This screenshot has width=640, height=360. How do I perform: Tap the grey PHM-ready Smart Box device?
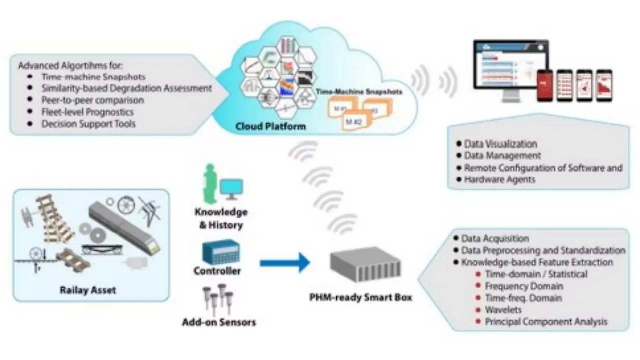click(x=365, y=264)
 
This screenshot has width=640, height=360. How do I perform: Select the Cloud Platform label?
click(x=270, y=126)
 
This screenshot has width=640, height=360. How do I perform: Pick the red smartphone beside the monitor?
click(x=545, y=85)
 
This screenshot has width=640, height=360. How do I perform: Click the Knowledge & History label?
click(x=221, y=218)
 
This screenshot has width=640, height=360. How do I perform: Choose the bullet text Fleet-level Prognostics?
click(x=87, y=111)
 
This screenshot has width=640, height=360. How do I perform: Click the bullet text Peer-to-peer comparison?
click(x=92, y=100)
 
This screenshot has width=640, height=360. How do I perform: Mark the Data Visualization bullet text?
click(x=500, y=144)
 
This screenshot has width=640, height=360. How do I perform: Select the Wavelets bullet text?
click(x=503, y=310)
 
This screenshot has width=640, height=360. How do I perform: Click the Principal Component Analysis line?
click(x=546, y=321)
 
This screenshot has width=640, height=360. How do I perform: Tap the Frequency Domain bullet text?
click(x=523, y=286)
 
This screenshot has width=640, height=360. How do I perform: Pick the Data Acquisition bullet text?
click(x=495, y=238)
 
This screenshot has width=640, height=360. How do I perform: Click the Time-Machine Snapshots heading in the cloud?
click(x=358, y=92)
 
